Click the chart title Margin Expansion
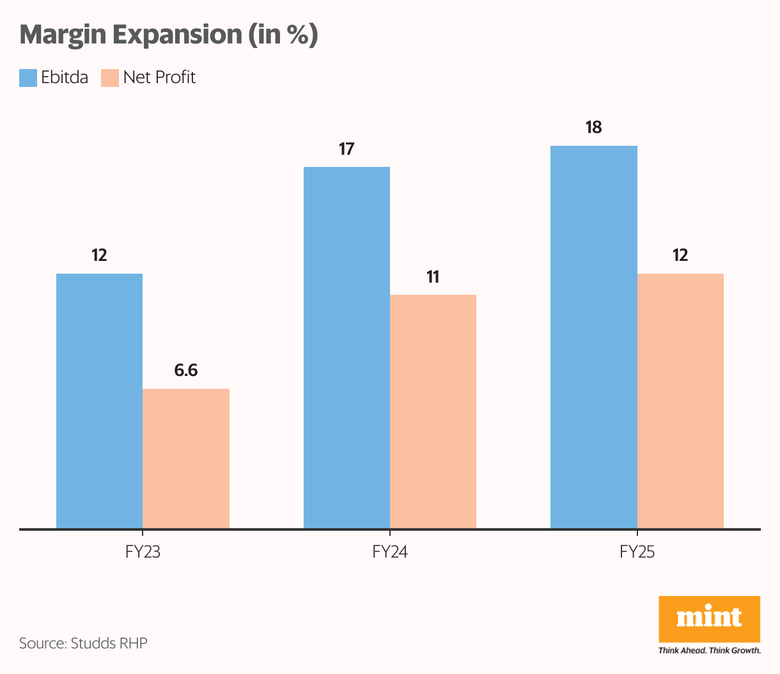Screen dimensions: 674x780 pos(169,35)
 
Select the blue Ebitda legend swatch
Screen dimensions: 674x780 pos(28,77)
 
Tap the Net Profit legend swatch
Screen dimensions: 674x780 pos(110,77)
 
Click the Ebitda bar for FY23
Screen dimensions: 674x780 pos(99,401)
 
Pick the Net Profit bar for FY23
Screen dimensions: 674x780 pos(186,458)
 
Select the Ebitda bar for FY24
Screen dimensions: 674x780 pos(347,348)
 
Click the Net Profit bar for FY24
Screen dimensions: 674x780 pos(433,412)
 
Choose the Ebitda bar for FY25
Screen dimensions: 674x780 pos(594,337)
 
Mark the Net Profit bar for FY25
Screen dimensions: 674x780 pos(680,401)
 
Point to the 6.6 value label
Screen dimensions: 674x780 pos(186,370)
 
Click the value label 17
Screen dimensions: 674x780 pos(347,149)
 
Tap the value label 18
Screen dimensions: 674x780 pos(594,127)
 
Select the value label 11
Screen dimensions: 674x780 pos(433,277)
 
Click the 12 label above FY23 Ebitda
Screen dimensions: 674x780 pos(99,255)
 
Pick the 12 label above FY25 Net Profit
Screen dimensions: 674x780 pos(680,255)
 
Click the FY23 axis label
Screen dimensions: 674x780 pos(143,552)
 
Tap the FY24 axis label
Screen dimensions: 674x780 pos(390,552)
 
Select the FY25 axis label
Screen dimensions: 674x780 pos(637,552)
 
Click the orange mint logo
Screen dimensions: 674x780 pos(709,618)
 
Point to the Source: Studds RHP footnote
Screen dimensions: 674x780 pos(83,643)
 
